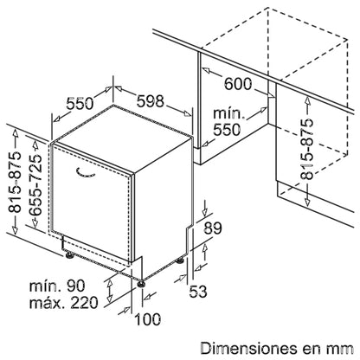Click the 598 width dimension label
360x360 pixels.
pyautogui.click(x=150, y=100)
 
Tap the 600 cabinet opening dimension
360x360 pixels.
pyautogui.click(x=238, y=84)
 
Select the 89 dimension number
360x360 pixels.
pyautogui.click(x=213, y=228)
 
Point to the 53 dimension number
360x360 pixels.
pyautogui.click(x=198, y=291)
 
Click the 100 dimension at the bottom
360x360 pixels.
pyautogui.click(x=148, y=319)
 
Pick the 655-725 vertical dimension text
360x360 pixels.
pyautogui.click(x=36, y=184)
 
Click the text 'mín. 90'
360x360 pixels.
pyautogui.click(x=57, y=286)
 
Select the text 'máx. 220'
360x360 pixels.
pyautogui.click(x=64, y=303)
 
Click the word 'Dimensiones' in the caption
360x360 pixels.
pyautogui.click(x=249, y=348)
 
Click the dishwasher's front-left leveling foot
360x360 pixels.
pyautogui.click(x=69, y=255)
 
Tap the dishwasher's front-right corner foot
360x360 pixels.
pyautogui.click(x=141, y=283)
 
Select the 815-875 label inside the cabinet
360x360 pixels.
pyautogui.click(x=307, y=149)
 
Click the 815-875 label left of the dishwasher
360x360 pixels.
pyautogui.click(x=15, y=182)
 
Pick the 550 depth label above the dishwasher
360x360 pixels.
pyautogui.click(x=80, y=103)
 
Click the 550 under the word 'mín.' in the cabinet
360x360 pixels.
pyautogui.click(x=227, y=130)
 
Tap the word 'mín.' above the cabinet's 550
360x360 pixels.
pyautogui.click(x=228, y=113)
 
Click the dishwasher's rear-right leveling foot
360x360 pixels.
pyautogui.click(x=180, y=260)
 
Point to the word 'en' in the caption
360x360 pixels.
pyautogui.click(x=312, y=350)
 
